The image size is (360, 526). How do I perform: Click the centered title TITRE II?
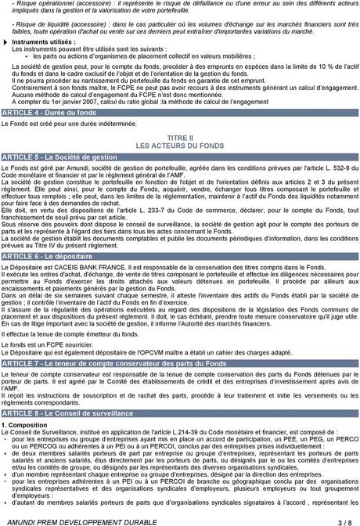(x=180, y=139)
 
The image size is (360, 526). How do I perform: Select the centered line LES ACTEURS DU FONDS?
(x=180, y=146)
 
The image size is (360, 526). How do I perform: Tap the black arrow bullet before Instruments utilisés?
(x=5, y=41)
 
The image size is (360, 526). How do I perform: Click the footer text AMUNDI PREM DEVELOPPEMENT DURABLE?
(x=78, y=520)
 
